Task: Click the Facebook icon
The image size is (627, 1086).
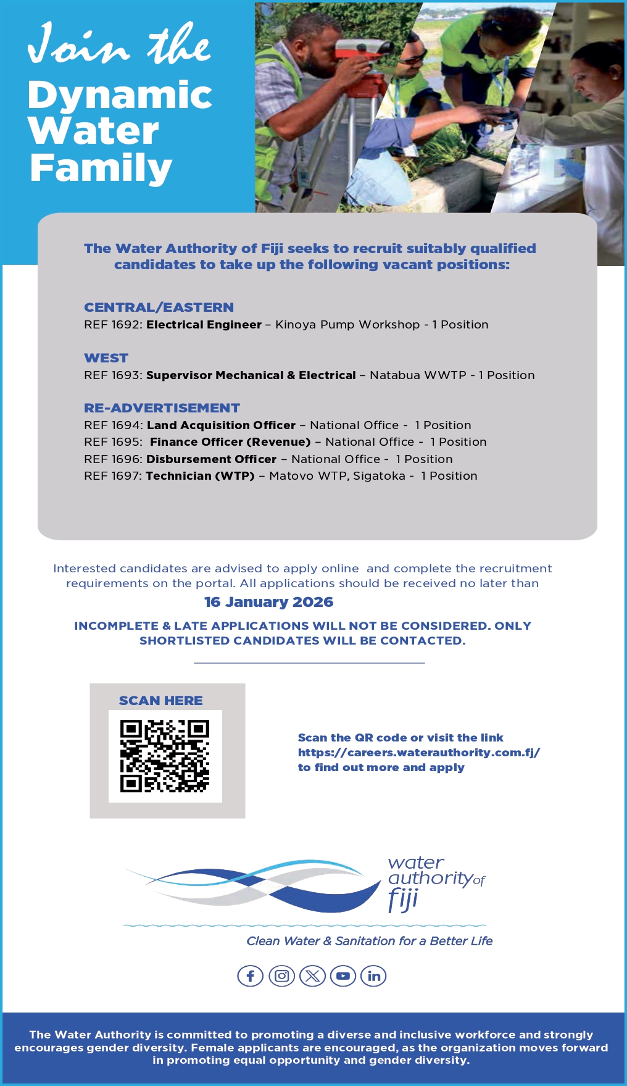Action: [x=250, y=976]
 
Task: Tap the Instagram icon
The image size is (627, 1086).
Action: [x=281, y=976]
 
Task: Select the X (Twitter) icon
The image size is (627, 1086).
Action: [x=312, y=976]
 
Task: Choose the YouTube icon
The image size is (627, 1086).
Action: [x=343, y=976]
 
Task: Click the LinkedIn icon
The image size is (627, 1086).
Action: [x=373, y=976]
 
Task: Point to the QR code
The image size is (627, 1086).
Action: [x=165, y=756]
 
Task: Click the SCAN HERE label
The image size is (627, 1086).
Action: [x=160, y=701]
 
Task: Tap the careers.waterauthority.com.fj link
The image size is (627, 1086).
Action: [x=418, y=753]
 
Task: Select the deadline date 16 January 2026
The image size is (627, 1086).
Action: [x=268, y=602]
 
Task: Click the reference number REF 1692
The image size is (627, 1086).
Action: [x=113, y=325]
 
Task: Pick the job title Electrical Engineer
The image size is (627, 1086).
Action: [x=204, y=325]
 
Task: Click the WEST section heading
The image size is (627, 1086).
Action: [x=106, y=358]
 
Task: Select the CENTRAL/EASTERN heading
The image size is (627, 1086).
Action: [x=159, y=307]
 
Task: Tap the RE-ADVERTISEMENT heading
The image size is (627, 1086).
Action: [x=162, y=408]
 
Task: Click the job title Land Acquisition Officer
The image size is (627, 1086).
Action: [x=221, y=425]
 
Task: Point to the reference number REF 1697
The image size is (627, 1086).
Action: [x=113, y=476]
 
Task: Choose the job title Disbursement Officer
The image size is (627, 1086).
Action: [x=211, y=459]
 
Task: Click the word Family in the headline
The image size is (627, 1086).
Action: [x=101, y=168]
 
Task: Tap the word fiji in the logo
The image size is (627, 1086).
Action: [x=403, y=899]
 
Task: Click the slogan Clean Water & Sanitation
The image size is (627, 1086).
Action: [x=369, y=941]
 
